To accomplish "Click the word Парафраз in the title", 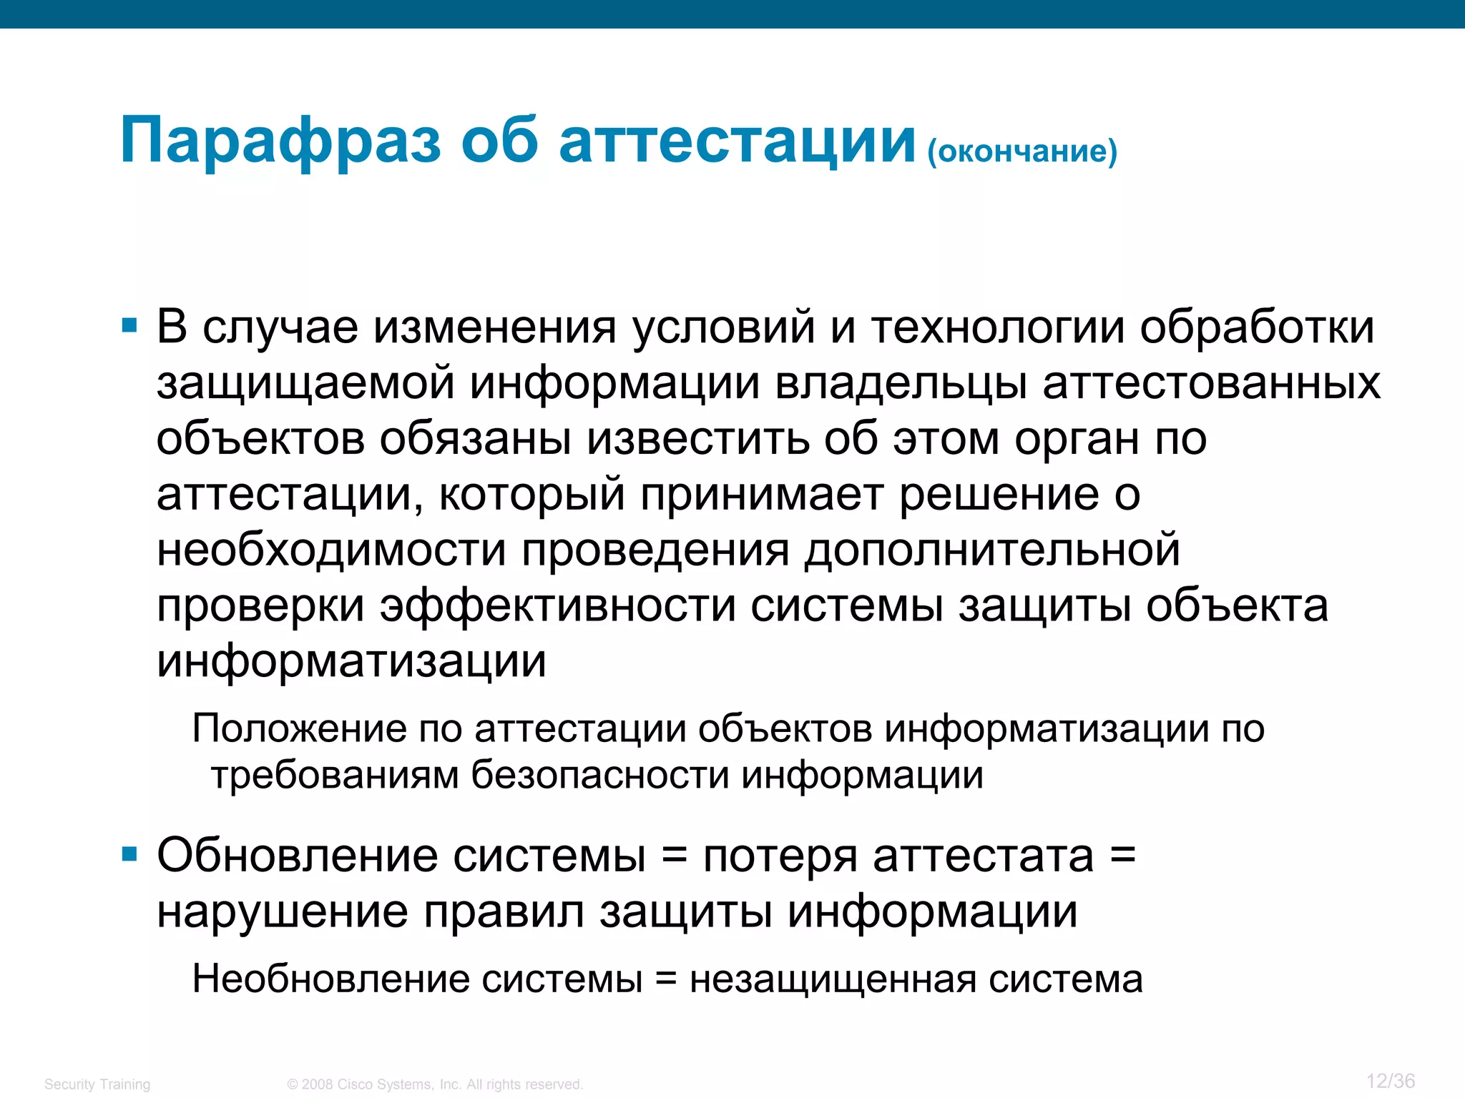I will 280,141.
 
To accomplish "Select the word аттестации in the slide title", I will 737,141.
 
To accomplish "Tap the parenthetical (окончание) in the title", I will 1021,151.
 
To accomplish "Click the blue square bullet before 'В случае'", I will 129,327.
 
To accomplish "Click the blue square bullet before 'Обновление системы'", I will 129,854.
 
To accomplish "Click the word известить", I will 698,439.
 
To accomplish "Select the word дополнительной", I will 992,550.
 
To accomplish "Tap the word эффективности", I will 557,606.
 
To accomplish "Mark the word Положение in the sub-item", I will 300,729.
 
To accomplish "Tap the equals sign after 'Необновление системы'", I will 665,979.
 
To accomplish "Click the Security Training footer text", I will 97,1084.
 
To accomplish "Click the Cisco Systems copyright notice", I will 435,1084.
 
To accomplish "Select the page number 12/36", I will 1390,1081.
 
